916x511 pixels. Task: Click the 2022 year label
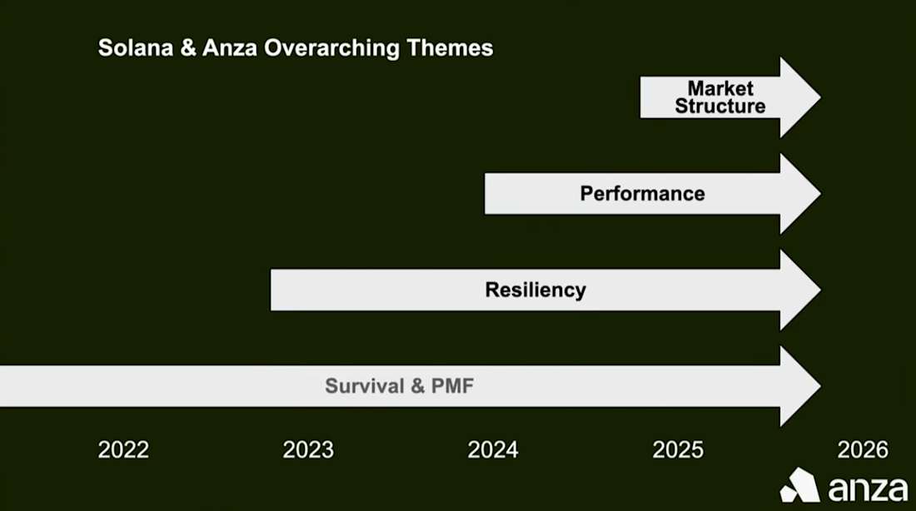(123, 450)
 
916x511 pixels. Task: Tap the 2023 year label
(308, 450)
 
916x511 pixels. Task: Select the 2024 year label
(493, 450)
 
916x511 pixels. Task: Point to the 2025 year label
(678, 450)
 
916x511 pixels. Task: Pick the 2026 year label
(863, 450)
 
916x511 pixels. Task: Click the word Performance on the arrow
(642, 194)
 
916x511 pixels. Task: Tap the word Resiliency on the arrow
(535, 290)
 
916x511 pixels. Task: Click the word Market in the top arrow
(720, 88)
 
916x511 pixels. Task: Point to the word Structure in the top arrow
(720, 107)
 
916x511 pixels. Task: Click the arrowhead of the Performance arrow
(799, 194)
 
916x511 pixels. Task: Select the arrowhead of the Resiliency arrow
(799, 290)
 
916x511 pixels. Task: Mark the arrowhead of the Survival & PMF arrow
(799, 386)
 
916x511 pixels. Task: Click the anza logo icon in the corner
(800, 485)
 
